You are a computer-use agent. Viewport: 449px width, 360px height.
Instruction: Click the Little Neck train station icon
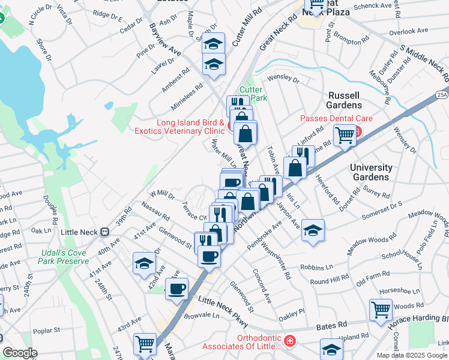(x=104, y=232)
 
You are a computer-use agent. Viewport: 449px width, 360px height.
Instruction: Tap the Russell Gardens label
(x=344, y=100)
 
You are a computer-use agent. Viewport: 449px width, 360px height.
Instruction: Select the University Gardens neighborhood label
(x=371, y=172)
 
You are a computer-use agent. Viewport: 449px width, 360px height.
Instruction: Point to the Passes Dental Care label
(x=336, y=119)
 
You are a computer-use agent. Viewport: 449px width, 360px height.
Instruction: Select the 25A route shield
(x=442, y=94)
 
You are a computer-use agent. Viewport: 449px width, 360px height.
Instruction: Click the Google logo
(x=20, y=353)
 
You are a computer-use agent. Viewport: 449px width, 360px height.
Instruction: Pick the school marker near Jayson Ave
(x=312, y=230)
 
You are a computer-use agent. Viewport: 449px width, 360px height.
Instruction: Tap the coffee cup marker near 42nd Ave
(x=176, y=289)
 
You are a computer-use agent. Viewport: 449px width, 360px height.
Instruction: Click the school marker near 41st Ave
(x=144, y=263)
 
